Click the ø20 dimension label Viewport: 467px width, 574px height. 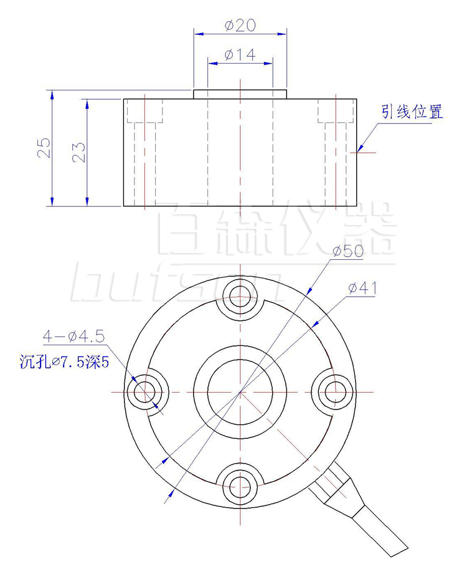[x=240, y=26]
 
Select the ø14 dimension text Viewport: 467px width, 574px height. [x=240, y=55]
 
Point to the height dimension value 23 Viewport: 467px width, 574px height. [x=78, y=151]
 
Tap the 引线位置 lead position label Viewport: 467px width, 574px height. [x=412, y=112]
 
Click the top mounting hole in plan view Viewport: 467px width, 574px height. [x=240, y=297]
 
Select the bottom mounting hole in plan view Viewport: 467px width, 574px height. [x=240, y=486]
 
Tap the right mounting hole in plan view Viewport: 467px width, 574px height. [x=334, y=392]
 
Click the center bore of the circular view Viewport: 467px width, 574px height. [x=240, y=392]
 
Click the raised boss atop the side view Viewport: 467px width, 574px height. [x=240, y=94]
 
